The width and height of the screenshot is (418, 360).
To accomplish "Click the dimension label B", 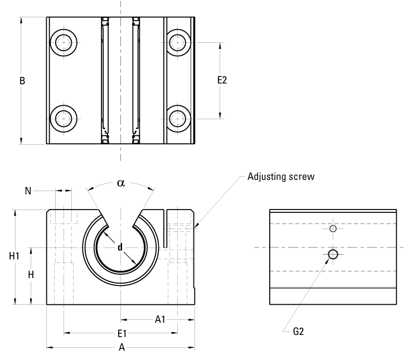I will (22, 81).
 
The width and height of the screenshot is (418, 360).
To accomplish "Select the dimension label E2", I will (222, 80).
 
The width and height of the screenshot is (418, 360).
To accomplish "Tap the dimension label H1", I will (14, 256).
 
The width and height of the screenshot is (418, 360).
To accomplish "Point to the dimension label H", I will (32, 275).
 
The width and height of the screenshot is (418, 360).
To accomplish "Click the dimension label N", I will (28, 191).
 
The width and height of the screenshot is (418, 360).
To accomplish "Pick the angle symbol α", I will (120, 183).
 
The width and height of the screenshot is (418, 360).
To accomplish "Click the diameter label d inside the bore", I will (120, 247).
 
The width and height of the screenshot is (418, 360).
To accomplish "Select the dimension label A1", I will (160, 319).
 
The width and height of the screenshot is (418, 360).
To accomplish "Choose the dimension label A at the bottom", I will (121, 348).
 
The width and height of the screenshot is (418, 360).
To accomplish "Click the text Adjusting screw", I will (280, 177).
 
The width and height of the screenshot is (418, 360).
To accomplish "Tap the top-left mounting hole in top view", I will (65, 42).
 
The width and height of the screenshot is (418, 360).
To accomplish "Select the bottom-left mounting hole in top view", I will (65, 118).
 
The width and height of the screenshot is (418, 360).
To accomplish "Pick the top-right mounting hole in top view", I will (178, 42).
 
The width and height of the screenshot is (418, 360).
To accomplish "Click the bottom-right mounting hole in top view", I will (178, 118).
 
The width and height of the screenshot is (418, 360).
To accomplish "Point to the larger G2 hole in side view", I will (333, 254).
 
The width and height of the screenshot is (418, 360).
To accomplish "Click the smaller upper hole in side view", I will (333, 228).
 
